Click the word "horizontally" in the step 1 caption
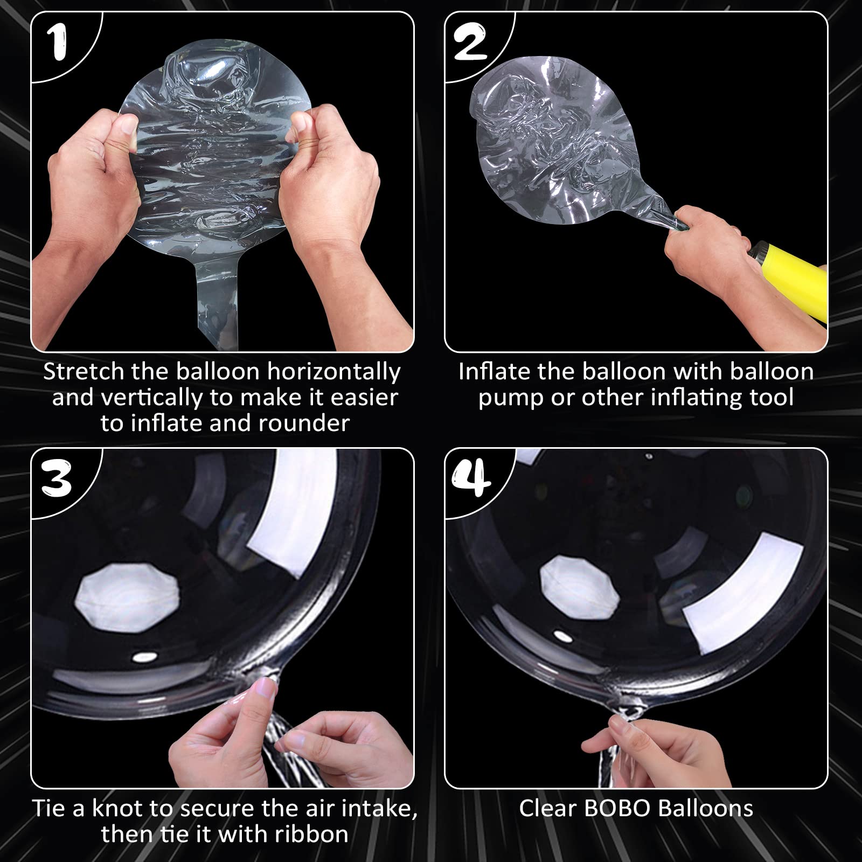pos(334,372)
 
